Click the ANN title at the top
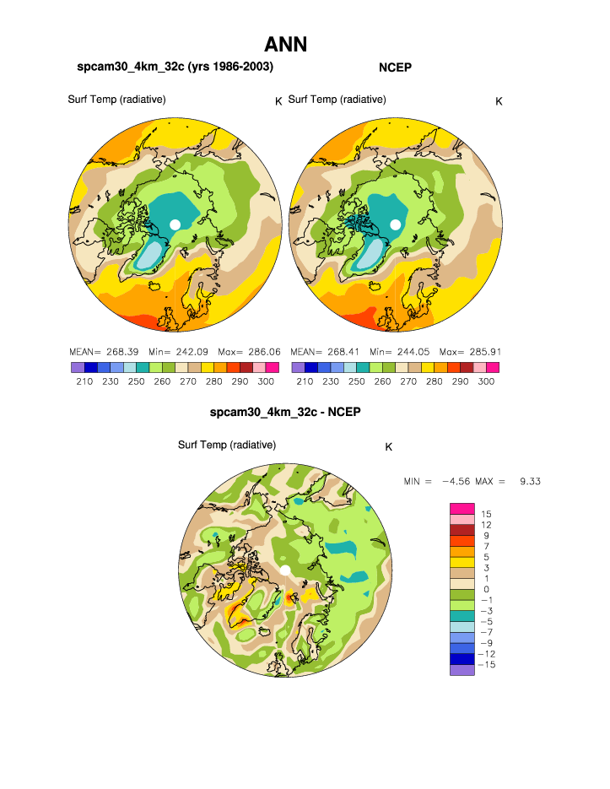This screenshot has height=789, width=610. click(285, 44)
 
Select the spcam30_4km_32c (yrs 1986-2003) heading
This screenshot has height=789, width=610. click(175, 66)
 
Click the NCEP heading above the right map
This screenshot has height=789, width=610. click(395, 66)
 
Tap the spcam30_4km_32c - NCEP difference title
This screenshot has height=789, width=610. click(285, 413)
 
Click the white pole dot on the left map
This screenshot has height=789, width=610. click(175, 224)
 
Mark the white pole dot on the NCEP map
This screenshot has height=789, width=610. click(395, 224)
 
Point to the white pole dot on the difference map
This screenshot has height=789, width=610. click(285, 571)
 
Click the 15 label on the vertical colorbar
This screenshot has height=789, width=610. click(487, 514)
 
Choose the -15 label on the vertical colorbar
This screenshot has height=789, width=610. click(487, 665)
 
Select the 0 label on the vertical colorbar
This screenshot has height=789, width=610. click(487, 589)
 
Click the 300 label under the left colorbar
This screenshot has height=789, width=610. click(266, 381)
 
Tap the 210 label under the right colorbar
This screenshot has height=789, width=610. click(304, 381)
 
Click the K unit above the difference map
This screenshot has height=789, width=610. click(388, 447)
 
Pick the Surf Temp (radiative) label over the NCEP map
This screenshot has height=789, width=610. click(337, 100)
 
